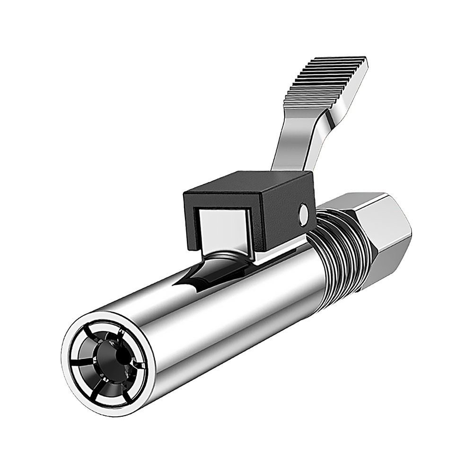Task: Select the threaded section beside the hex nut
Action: (x=338, y=246)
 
